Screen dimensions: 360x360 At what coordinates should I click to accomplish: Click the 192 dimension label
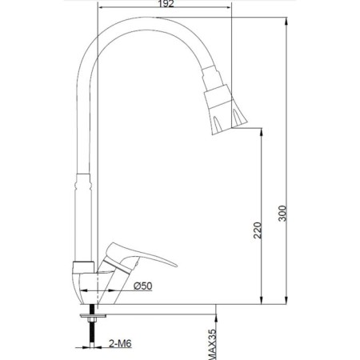[166, 4]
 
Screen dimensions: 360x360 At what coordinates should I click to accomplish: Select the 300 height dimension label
[282, 213]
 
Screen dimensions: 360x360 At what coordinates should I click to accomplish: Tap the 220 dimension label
[258, 230]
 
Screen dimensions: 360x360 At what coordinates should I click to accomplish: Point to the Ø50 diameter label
[143, 286]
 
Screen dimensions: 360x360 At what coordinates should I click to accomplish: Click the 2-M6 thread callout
[120, 343]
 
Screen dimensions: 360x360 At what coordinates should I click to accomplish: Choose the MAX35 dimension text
[211, 344]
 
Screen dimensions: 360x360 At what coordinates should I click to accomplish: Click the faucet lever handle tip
[175, 265]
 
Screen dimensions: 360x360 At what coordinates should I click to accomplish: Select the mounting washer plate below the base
[93, 316]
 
